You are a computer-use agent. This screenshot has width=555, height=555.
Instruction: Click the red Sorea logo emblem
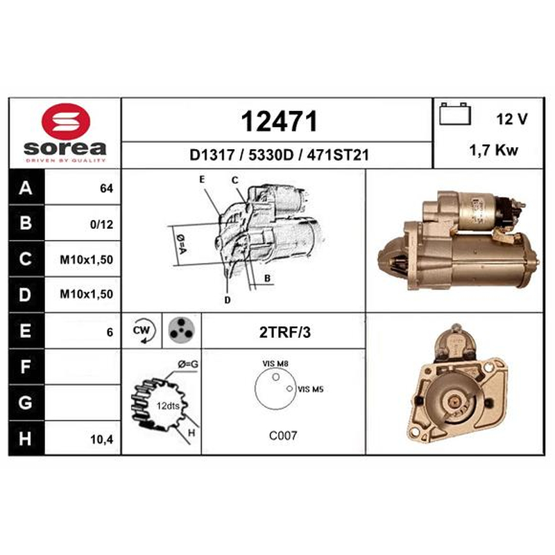point(66,121)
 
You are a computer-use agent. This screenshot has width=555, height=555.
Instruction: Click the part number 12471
point(279,121)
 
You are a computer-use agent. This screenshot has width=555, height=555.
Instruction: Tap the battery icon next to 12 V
point(455,114)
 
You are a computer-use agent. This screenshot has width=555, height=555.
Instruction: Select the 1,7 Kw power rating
point(493,151)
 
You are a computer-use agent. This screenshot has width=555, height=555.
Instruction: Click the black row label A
point(26,187)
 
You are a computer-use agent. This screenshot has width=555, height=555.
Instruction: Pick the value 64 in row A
point(107,188)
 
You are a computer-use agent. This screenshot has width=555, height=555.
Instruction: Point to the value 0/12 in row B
point(101,224)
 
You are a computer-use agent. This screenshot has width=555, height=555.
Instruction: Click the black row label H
point(25,438)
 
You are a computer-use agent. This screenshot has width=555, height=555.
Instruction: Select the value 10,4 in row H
point(101,439)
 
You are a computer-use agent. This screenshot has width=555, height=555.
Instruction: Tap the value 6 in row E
point(110,332)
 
